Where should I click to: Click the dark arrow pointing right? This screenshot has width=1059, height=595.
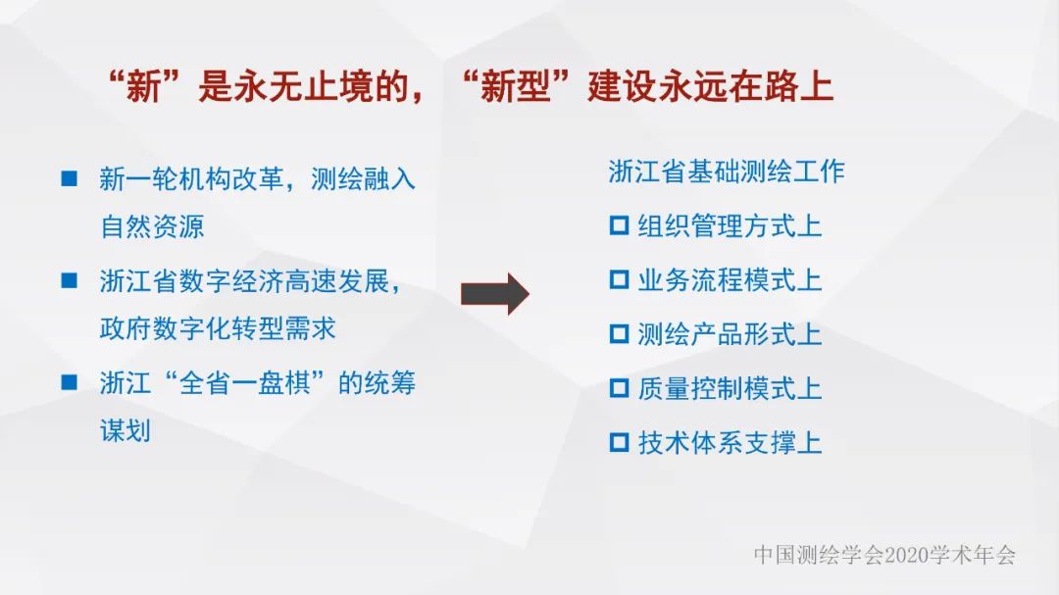[x=494, y=293]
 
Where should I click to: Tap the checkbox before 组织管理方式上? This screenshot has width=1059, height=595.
[x=619, y=226]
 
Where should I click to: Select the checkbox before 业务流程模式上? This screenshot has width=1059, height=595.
[x=619, y=280]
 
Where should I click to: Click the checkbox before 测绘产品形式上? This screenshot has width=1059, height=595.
[x=619, y=334]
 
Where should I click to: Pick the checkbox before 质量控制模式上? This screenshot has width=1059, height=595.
[x=619, y=388]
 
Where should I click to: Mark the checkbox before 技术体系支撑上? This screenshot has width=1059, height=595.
[x=619, y=442]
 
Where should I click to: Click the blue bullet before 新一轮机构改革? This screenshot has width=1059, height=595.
[x=70, y=178]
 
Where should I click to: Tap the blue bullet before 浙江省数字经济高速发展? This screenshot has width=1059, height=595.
[x=70, y=280]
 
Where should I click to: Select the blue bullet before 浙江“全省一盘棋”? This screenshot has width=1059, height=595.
[x=70, y=382]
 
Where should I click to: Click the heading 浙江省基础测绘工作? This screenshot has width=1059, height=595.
[x=726, y=172]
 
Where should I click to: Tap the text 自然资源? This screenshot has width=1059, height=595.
[x=152, y=226]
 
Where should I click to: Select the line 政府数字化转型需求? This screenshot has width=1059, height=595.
[x=218, y=328]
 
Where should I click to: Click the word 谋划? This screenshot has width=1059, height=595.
[x=126, y=430]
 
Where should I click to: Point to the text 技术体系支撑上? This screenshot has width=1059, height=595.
[x=730, y=442]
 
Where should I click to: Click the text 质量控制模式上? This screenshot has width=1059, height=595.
[x=730, y=388]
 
